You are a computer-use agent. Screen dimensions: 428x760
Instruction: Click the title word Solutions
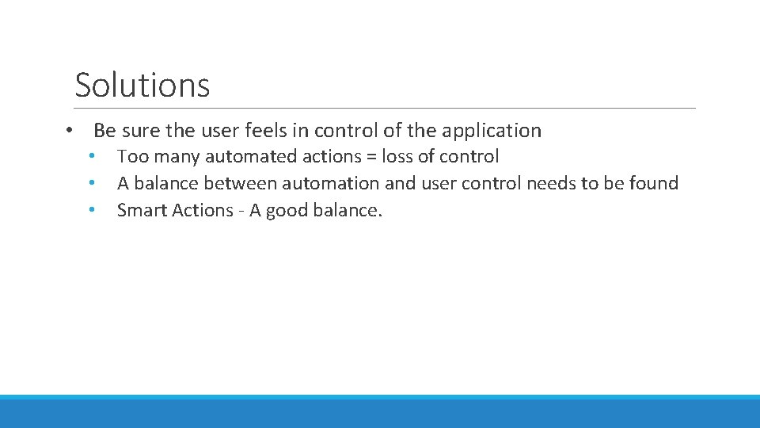[142, 85]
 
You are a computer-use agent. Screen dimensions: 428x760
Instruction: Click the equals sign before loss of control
[370, 157]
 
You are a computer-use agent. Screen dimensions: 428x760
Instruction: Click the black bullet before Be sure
[70, 130]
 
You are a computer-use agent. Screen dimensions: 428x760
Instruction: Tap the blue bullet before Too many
[93, 157]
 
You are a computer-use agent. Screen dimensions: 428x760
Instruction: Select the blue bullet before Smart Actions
[93, 211]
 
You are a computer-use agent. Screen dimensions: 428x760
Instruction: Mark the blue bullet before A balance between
[93, 184]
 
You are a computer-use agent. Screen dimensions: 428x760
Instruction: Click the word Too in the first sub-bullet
[131, 157]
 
